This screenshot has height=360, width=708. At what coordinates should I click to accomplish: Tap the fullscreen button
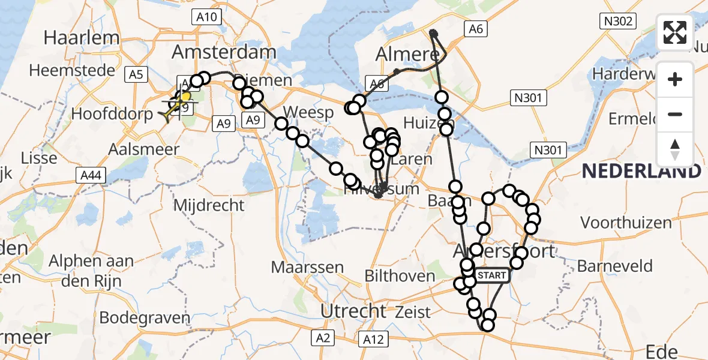[x=675, y=32]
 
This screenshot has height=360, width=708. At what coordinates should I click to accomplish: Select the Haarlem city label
[x=82, y=38]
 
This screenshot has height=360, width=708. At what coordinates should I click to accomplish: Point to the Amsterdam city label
[x=223, y=52]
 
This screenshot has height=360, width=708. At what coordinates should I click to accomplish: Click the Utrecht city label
[x=353, y=311]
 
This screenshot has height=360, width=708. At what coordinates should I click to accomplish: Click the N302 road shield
[x=618, y=22]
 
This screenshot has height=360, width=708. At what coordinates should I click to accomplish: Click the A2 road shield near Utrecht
[x=323, y=339]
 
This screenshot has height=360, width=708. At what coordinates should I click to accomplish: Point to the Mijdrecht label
[x=209, y=205]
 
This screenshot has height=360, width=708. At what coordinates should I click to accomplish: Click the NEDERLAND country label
[x=641, y=171]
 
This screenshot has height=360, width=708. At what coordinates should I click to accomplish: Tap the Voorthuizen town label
[x=626, y=223]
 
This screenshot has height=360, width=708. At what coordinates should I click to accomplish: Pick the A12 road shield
[x=373, y=340]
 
